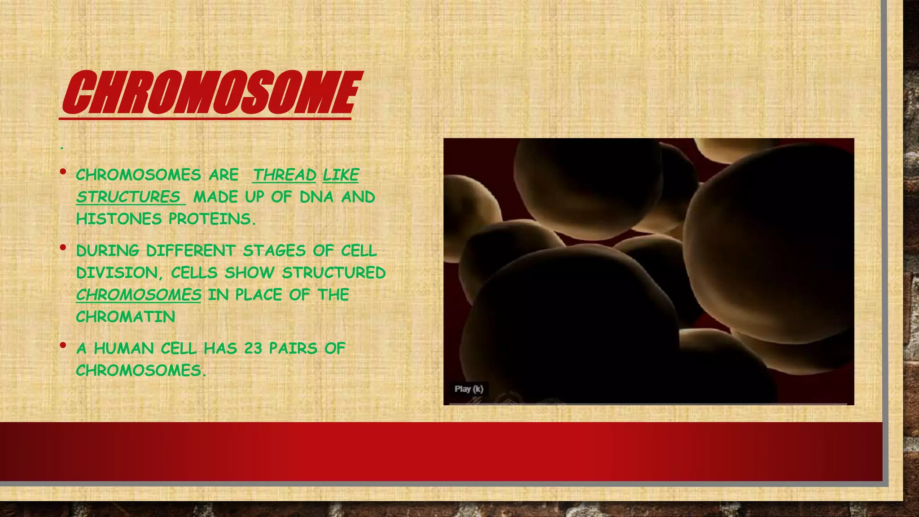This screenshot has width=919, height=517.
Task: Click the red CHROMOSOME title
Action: [x=210, y=93]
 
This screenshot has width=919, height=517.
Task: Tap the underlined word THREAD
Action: [x=284, y=175]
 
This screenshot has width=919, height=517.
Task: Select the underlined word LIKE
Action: [x=341, y=175]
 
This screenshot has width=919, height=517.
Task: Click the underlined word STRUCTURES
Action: [x=128, y=197]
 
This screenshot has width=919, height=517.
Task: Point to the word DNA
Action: [x=316, y=197]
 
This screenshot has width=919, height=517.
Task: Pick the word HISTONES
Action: [x=119, y=219]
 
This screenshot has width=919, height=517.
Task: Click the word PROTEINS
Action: [x=212, y=219]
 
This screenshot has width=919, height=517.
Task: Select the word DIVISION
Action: [x=117, y=272]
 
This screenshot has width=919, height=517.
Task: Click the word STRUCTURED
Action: [x=333, y=272]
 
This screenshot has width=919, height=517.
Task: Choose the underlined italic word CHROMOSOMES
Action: [x=139, y=294]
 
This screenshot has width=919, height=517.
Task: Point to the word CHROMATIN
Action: [x=126, y=317]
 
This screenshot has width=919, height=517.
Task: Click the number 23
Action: [x=253, y=348]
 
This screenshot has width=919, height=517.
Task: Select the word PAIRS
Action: [x=293, y=348]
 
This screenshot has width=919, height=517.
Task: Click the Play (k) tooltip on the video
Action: [x=468, y=389]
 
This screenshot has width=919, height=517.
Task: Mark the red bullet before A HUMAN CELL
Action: [x=63, y=345]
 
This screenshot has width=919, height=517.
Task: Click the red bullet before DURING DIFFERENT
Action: [x=63, y=247]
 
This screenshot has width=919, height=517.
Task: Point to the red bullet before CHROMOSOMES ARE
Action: [x=63, y=171]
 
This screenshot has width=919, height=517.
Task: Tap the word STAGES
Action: [x=274, y=250]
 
